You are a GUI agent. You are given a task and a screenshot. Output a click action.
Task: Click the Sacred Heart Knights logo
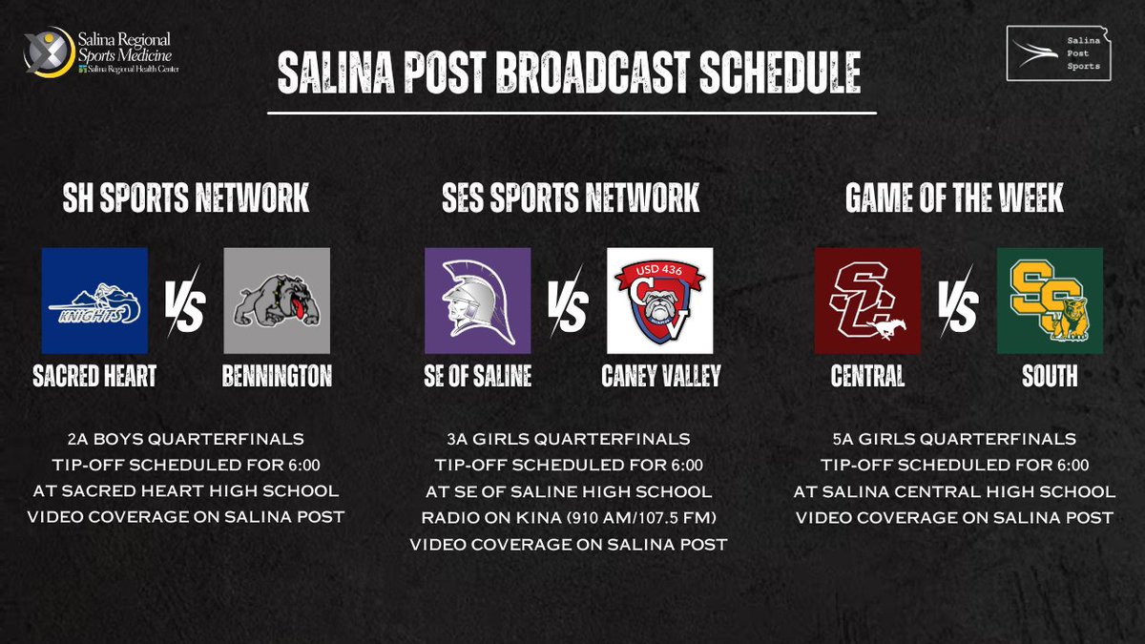tap(94, 301)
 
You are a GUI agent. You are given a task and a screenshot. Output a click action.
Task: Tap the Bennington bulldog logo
tap(277, 301)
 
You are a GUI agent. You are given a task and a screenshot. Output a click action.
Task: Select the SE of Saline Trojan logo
tap(477, 301)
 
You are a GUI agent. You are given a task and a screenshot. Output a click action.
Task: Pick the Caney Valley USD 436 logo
tap(660, 301)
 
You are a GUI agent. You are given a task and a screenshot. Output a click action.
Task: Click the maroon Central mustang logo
tap(866, 301)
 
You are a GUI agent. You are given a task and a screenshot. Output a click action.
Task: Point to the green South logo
tap(1050, 301)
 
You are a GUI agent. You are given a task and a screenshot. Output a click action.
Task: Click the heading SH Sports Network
tap(186, 198)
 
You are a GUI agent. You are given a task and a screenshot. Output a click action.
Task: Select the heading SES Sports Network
tap(571, 198)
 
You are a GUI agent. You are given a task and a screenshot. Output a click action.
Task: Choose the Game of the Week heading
tap(954, 198)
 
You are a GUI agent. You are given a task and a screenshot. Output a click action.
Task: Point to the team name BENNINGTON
tap(277, 376)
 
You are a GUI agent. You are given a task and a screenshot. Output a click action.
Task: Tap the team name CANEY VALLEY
tap(660, 376)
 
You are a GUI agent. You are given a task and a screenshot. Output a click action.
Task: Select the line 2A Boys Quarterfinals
tap(186, 439)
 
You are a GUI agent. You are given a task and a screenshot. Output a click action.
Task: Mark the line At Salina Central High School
tap(954, 491)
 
